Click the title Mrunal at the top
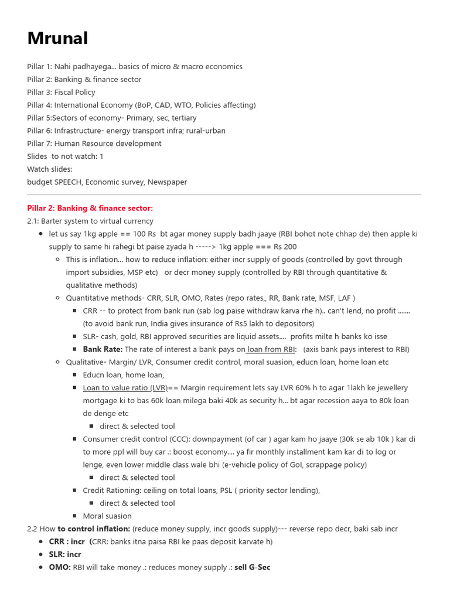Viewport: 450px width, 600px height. click(x=57, y=39)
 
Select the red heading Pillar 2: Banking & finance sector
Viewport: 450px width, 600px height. click(x=90, y=208)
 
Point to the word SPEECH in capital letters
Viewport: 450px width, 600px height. click(x=68, y=182)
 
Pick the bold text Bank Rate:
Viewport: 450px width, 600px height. click(x=103, y=349)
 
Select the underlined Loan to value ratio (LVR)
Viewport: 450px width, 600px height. click(x=125, y=388)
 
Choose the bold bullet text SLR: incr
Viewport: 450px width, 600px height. click(x=65, y=554)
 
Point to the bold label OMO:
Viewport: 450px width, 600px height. click(x=60, y=567)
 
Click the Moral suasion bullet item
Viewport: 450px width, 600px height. click(x=107, y=516)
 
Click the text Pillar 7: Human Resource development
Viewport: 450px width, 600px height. click(x=94, y=144)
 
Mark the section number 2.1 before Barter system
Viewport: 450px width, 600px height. click(x=33, y=221)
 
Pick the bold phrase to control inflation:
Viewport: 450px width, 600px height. click(x=94, y=529)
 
